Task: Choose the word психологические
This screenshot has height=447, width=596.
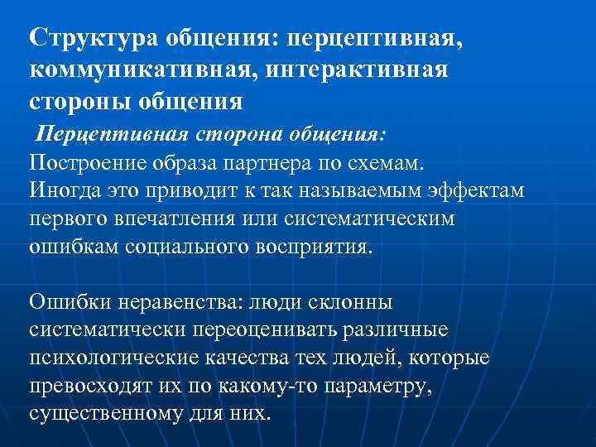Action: click(x=111, y=359)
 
